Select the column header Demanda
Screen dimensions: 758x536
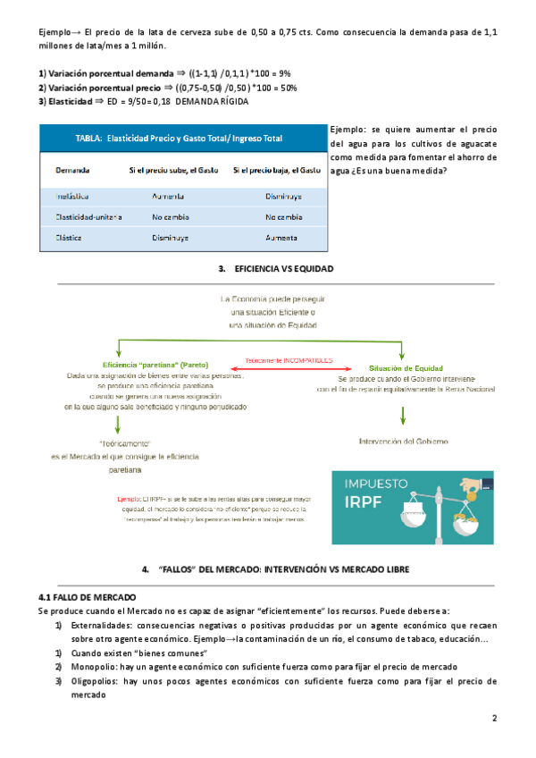coord(71,170)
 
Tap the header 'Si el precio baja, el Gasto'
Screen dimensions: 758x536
coord(277,170)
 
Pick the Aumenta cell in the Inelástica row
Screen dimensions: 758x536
coord(169,195)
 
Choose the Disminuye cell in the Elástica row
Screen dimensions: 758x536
coord(169,239)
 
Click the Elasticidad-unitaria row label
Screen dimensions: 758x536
coord(88,217)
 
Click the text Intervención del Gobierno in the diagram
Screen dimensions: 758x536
coord(404,441)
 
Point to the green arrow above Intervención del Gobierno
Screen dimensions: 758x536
coord(404,415)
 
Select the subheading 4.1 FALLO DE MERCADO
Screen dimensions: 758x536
coord(88,596)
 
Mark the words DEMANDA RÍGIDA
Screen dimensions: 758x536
coord(211,101)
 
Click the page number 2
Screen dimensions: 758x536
coord(494,719)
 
